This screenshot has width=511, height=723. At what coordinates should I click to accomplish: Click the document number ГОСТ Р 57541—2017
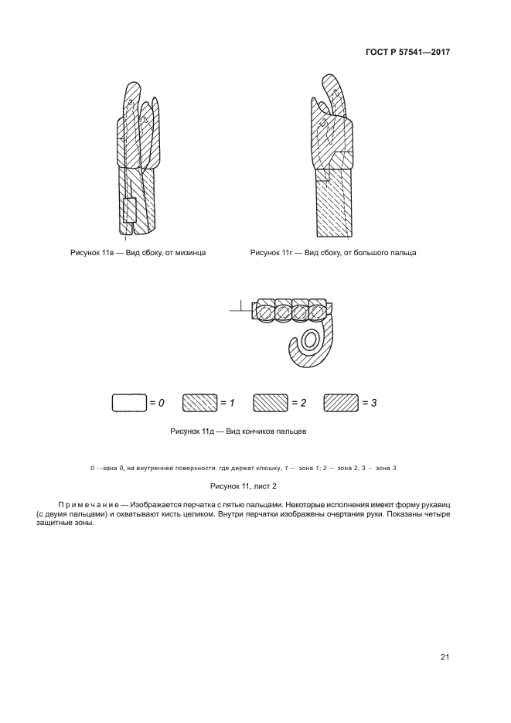coord(407,53)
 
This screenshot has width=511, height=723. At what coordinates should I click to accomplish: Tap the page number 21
coord(445,657)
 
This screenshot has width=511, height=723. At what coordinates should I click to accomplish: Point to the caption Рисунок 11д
coord(194,431)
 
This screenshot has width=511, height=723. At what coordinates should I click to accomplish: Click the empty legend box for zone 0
coord(129,403)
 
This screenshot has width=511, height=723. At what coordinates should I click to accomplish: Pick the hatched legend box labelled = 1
coord(199,403)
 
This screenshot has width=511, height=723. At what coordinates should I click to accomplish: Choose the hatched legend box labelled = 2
coord(270,403)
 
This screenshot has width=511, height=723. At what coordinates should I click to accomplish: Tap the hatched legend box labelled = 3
coord(341,403)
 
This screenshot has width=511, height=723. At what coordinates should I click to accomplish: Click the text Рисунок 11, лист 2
coord(244,486)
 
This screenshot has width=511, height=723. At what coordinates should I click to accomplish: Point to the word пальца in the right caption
coord(400,253)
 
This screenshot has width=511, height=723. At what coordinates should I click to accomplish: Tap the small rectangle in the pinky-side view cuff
coord(129,211)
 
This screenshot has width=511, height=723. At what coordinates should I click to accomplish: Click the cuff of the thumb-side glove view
coord(335,205)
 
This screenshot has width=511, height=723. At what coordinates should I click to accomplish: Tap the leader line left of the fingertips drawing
coord(240,311)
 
